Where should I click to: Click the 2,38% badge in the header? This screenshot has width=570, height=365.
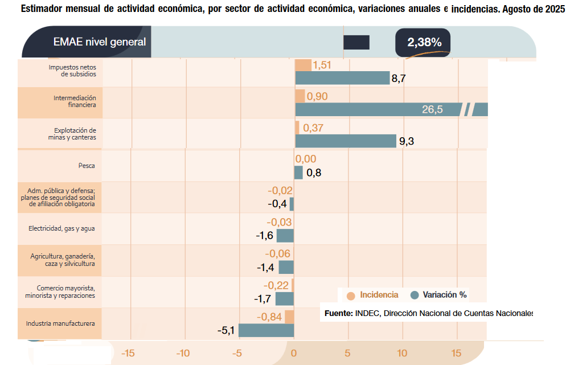pos(424,42)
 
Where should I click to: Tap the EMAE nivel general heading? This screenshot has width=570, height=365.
pos(99,42)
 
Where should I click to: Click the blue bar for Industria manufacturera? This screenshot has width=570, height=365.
pos(266,330)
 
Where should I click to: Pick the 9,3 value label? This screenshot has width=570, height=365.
pos(407,142)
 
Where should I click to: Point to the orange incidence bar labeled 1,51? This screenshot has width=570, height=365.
pos(303,65)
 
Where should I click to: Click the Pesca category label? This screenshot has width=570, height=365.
pos(87,166)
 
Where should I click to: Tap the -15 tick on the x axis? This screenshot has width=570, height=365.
pos(128,354)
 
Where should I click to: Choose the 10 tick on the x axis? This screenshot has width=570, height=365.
pos(402,354)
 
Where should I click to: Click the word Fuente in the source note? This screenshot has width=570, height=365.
pos(338,313)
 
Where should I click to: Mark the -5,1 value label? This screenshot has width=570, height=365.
pos(227,330)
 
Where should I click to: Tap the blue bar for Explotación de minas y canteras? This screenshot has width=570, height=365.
pos(345,141)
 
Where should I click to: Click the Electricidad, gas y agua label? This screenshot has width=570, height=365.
pos(61,229)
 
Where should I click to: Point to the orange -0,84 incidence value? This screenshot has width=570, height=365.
pos(269,317)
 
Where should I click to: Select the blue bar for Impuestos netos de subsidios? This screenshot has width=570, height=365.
pos(342,78)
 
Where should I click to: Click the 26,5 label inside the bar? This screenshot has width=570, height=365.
pos(432,110)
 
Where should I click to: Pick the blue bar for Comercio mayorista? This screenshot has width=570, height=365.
pos(284,299)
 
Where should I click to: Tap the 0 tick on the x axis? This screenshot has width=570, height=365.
pos(294,354)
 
